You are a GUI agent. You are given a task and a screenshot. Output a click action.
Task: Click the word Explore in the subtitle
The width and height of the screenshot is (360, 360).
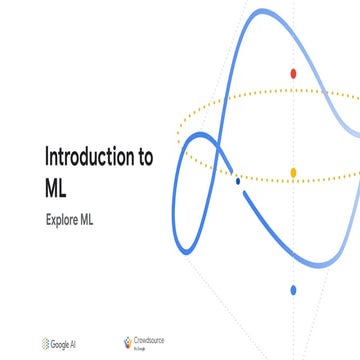(x=63, y=217)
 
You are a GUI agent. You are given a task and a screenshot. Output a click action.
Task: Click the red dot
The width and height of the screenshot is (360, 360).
(x=293, y=73)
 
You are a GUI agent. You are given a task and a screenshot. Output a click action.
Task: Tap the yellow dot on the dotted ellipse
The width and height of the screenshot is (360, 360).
(x=293, y=173)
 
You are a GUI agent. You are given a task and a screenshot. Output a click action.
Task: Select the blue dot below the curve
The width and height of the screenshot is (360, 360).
(x=293, y=290)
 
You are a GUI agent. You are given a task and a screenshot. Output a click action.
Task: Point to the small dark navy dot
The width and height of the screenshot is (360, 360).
(x=237, y=181)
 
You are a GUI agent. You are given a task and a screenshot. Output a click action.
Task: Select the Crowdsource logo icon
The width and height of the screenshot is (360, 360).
(x=127, y=343)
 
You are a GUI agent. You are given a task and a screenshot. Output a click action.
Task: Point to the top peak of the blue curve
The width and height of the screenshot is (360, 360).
(x=262, y=12)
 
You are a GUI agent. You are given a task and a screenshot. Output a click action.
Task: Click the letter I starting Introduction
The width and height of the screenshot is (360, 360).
(x=46, y=157)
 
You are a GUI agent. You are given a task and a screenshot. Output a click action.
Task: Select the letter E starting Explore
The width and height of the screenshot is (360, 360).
(x=48, y=217)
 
